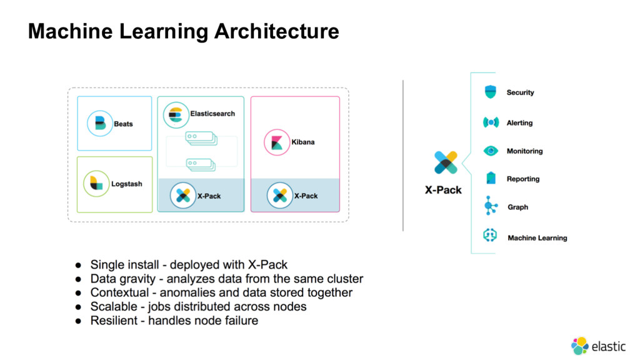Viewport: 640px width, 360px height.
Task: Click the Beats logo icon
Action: [x=99, y=123]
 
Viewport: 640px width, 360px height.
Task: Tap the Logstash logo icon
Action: [x=96, y=183]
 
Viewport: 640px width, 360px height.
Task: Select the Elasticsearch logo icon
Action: [x=176, y=115]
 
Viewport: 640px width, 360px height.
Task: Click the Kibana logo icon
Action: [x=277, y=142]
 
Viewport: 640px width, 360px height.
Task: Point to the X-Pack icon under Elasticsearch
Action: [x=183, y=196]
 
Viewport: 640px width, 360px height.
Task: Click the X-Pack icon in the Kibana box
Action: [x=279, y=196]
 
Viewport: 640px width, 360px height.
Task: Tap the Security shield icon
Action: [x=490, y=92]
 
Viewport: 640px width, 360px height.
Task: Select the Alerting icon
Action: [x=491, y=122]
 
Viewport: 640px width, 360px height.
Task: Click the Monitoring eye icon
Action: [x=491, y=151]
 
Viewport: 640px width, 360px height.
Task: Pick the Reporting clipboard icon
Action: [x=491, y=178]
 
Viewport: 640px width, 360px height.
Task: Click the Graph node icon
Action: [x=490, y=206]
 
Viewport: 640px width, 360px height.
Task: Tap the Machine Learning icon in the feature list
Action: [x=490, y=235]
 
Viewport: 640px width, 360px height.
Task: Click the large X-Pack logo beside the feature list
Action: [x=446, y=162]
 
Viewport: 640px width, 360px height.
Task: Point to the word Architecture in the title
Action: [x=277, y=31]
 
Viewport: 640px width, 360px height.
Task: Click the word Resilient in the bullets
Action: [x=114, y=321]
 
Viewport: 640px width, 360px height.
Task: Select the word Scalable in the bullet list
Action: [x=114, y=306]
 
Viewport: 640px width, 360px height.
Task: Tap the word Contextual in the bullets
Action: [x=119, y=292]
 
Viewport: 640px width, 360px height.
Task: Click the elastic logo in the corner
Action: [x=598, y=346]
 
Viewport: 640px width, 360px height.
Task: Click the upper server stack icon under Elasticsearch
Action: [x=201, y=138]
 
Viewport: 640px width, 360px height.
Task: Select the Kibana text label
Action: [x=303, y=142]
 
